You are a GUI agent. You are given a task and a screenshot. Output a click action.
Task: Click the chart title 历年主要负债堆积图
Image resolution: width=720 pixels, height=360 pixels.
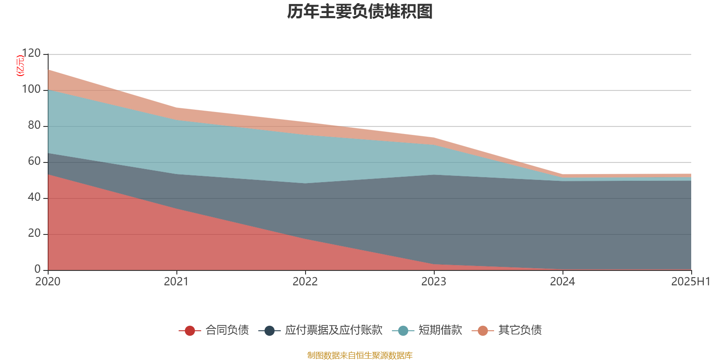(360, 12)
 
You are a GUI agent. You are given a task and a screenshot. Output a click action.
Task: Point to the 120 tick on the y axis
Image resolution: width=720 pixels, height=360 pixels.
(31, 54)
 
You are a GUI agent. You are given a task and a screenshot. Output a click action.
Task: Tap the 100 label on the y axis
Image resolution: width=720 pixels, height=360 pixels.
(31, 90)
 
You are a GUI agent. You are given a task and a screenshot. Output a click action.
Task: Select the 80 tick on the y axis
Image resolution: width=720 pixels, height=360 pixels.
(34, 126)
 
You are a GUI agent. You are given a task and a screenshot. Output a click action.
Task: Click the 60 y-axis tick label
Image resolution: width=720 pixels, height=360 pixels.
(34, 162)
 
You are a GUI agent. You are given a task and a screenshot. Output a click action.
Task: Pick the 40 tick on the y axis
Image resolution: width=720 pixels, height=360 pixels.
(34, 198)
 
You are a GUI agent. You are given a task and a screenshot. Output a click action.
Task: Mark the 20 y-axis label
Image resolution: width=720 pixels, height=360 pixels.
(34, 234)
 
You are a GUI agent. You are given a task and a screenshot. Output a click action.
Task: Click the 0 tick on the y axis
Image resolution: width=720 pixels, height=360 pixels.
(38, 270)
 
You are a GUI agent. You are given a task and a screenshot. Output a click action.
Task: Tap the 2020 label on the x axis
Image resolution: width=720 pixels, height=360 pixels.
(48, 282)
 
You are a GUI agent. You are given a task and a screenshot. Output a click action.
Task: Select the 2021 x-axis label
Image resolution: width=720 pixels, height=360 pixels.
(176, 282)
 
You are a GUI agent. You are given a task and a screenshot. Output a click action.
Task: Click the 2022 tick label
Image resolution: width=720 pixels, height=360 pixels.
(305, 282)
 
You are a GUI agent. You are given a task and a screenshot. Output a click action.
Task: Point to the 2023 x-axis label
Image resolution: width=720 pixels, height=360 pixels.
(434, 282)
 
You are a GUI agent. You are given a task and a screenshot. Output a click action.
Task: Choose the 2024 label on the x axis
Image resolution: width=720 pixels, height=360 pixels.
(562, 282)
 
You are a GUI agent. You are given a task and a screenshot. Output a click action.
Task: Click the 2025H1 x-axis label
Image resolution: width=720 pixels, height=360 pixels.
(690, 282)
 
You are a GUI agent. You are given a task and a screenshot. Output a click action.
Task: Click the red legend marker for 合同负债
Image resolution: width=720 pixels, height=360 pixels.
(190, 331)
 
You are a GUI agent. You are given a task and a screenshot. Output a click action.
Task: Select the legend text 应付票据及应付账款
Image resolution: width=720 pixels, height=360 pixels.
(333, 330)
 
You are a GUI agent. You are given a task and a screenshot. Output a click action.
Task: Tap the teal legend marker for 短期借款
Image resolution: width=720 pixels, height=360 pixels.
(403, 331)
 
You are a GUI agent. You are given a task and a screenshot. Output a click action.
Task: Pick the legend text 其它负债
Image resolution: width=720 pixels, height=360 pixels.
(520, 330)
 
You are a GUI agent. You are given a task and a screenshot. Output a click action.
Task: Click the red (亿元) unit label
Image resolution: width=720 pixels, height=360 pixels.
(20, 66)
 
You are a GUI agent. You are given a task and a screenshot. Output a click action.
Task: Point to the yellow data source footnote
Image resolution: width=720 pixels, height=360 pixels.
(360, 355)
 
